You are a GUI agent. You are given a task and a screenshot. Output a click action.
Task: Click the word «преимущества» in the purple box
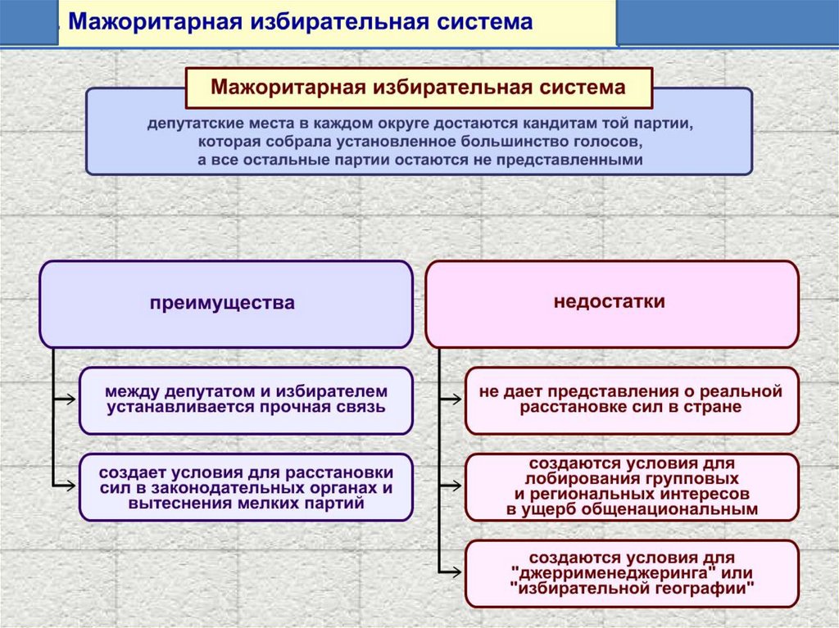(222, 303)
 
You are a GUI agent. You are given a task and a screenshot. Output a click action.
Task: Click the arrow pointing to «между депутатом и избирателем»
(66, 400)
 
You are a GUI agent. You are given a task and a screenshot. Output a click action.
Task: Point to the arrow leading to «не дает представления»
(451, 400)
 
